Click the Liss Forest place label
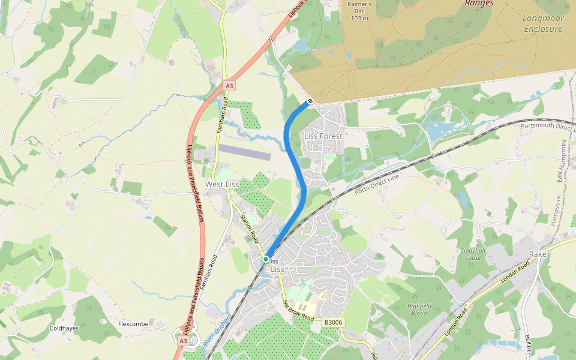[323, 136]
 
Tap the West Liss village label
[222, 184]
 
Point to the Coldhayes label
[64, 328]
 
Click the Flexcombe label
[133, 324]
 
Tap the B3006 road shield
[333, 322]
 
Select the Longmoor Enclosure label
[543, 24]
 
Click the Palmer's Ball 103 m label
[360, 11]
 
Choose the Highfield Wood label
[419, 310]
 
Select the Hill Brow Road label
[298, 310]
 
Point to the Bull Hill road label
[528, 345]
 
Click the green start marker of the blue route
[266, 259]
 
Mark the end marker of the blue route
[310, 101]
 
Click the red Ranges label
[479, 3]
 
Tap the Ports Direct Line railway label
[377, 185]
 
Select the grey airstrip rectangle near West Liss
[244, 152]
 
